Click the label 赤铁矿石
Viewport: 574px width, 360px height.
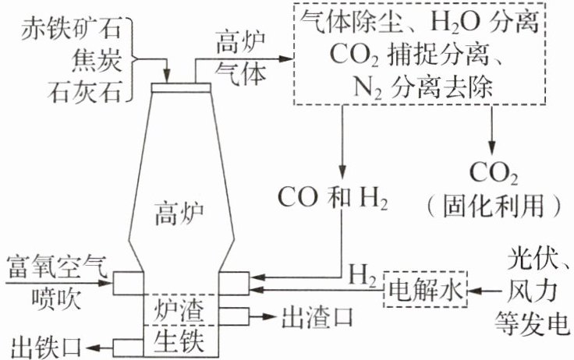(71, 30)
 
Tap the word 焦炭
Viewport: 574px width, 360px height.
(97, 60)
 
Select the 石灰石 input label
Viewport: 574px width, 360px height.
(84, 91)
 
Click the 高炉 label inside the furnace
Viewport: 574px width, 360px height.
(179, 214)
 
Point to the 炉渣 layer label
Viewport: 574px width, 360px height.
(179, 310)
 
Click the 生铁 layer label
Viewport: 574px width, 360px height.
(179, 341)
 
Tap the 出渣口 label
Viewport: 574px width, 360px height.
(317, 317)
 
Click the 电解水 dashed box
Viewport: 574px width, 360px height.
(425, 291)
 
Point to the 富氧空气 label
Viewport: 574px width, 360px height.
(57, 266)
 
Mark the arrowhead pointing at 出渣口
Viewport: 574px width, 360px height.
(269, 317)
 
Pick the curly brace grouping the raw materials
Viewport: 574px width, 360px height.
(134, 59)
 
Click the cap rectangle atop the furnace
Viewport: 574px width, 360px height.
(181, 87)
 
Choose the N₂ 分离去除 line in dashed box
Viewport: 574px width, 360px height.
(422, 88)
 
